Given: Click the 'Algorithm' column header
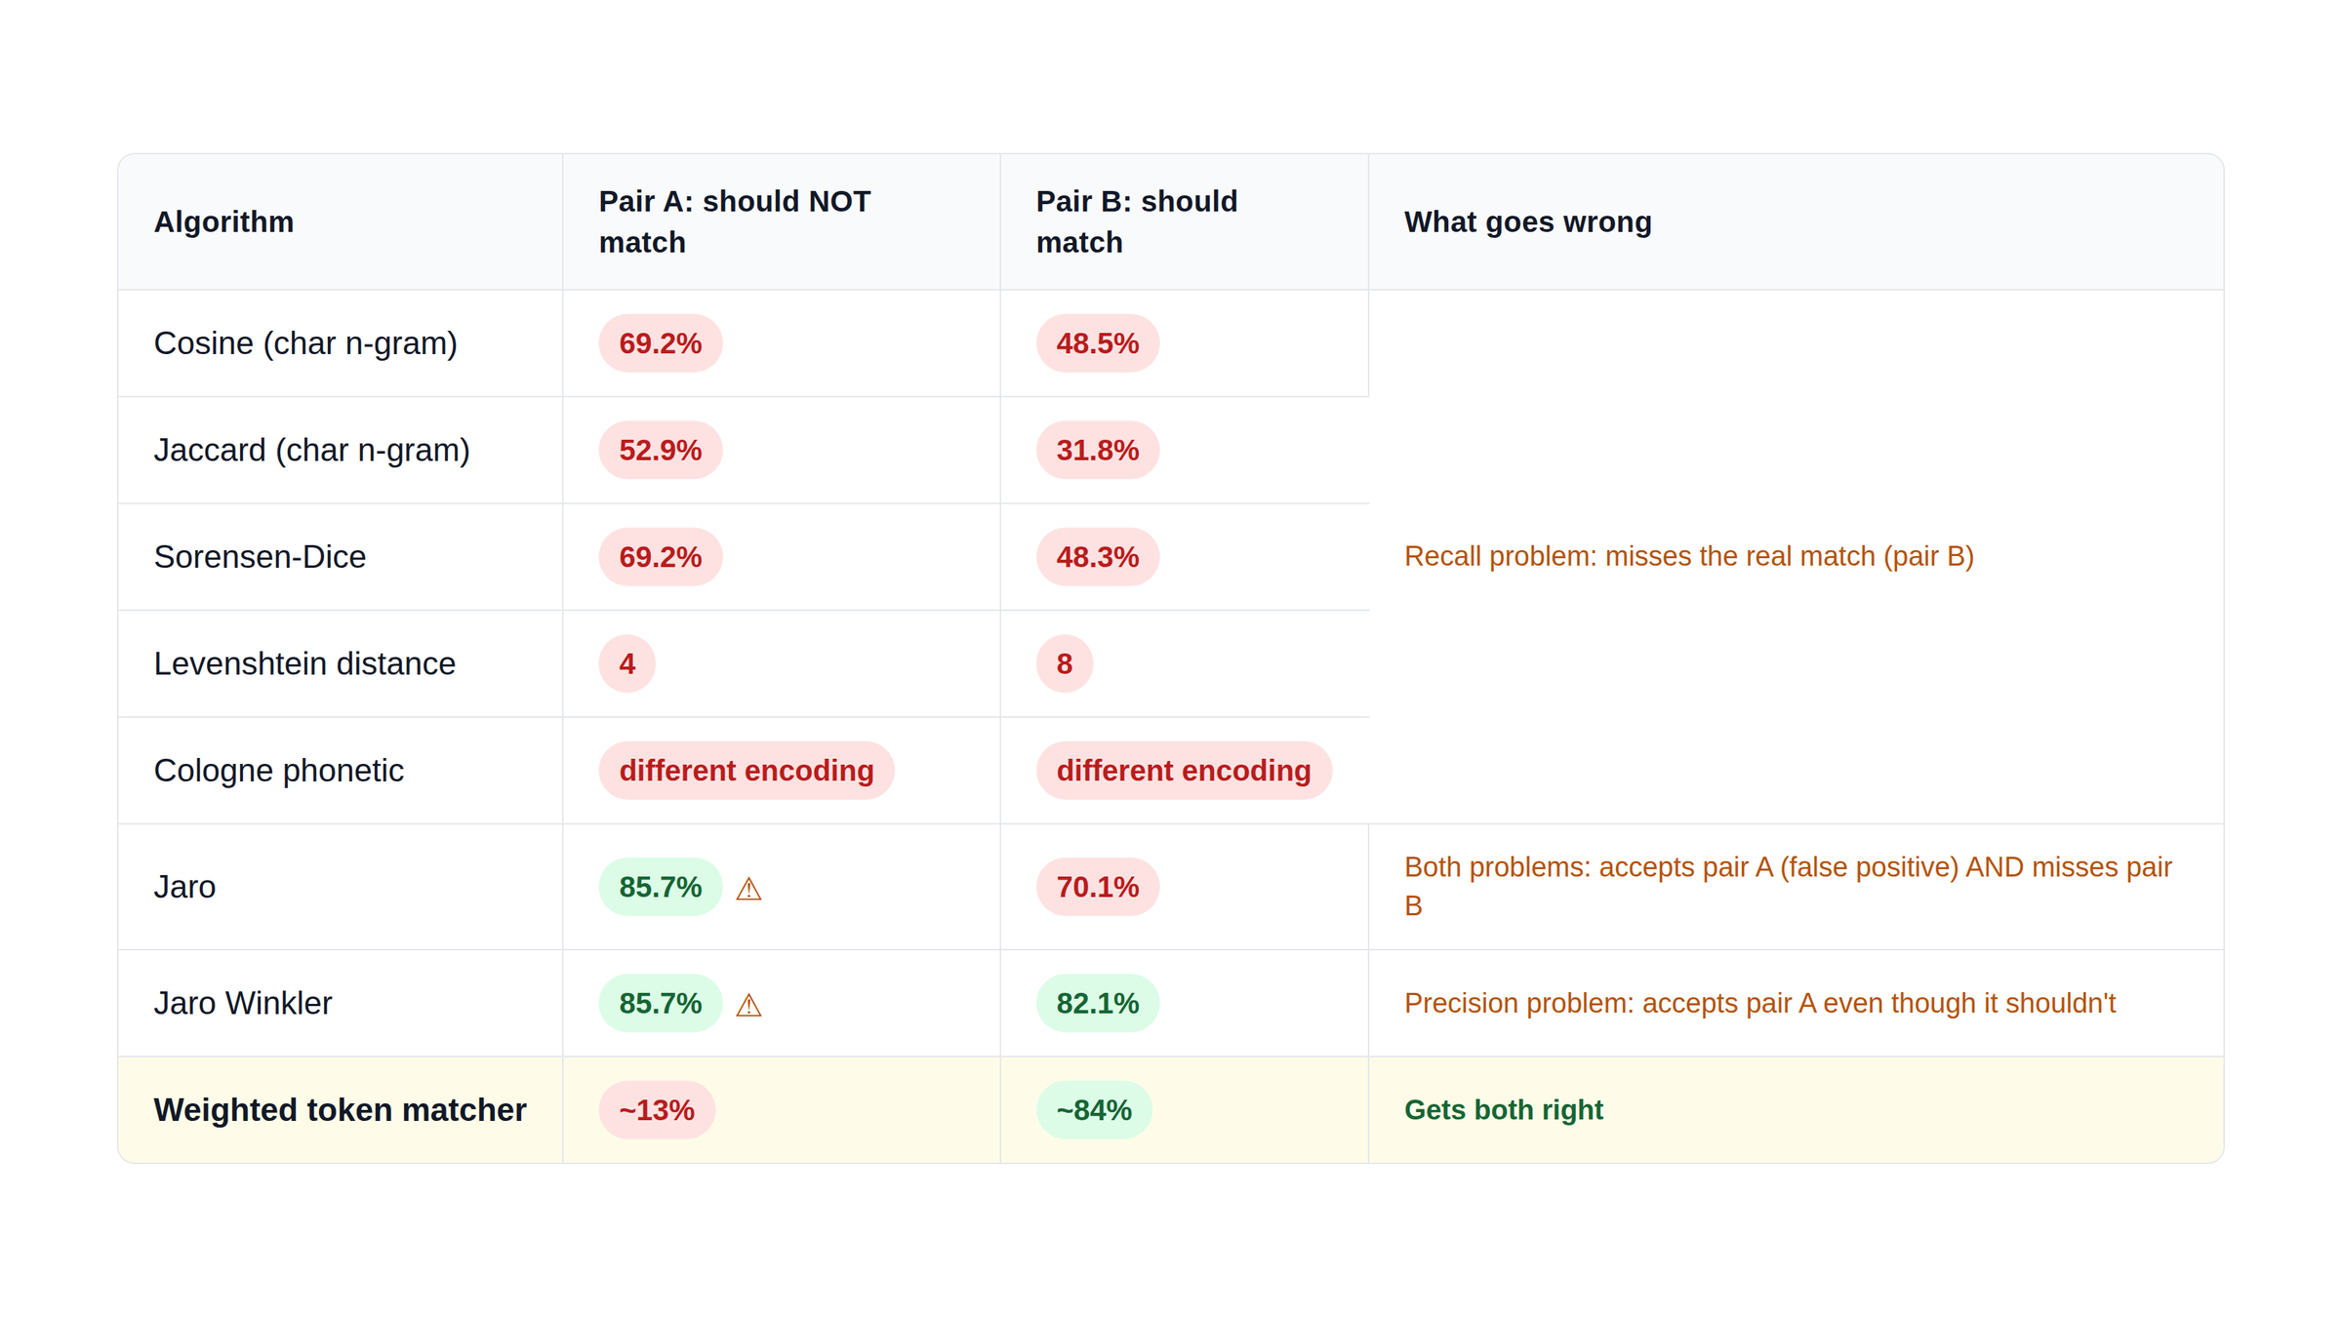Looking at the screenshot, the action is [x=223, y=222].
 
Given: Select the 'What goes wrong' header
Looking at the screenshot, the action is [x=1527, y=222].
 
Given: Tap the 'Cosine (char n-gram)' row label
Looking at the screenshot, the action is [x=305, y=343].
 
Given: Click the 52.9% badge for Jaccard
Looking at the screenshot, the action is [x=661, y=450].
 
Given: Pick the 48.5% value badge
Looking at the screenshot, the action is [x=1098, y=343].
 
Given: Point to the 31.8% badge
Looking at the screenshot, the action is [x=1098, y=450].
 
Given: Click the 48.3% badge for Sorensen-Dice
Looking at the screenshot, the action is [x=1098, y=557].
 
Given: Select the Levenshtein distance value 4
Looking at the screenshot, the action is [x=626, y=663].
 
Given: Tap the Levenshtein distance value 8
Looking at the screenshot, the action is [x=1064, y=663].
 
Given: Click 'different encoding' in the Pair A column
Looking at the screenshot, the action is [x=747, y=771].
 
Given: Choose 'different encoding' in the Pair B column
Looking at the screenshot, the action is [x=1184, y=771].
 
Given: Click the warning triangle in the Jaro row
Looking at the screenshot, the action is [x=748, y=889].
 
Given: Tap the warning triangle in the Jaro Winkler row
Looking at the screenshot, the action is [x=748, y=1005].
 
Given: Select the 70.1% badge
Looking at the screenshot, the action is [x=1098, y=887].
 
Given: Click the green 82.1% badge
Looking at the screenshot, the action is [x=1098, y=1003].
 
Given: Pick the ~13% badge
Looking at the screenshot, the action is [x=657, y=1110].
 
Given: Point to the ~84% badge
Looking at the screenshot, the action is [x=1094, y=1110].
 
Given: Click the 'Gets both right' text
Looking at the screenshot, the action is [x=1503, y=1110].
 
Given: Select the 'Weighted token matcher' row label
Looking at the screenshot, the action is [x=340, y=1110].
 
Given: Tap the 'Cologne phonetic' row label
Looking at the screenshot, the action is [x=278, y=771].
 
